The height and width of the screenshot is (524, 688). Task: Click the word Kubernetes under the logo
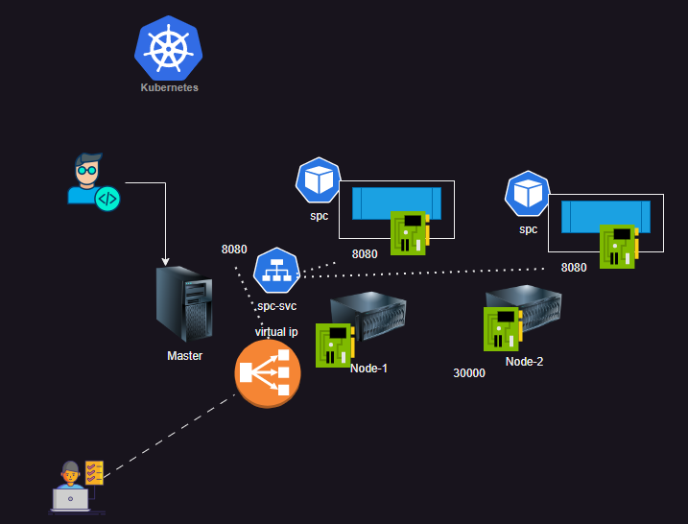[x=169, y=87]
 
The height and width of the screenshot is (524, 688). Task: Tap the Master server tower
[x=183, y=305]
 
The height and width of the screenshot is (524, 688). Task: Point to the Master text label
[x=184, y=356]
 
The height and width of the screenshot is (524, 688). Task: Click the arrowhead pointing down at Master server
[x=166, y=261]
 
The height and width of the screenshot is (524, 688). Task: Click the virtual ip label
[x=276, y=331]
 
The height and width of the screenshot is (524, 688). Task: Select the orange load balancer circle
[x=268, y=371]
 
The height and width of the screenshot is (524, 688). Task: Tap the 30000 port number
[x=469, y=373]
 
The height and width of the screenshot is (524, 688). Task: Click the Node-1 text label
[x=368, y=369]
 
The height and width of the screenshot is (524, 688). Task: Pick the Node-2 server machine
[x=524, y=313]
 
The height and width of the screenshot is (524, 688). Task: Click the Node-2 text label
[x=524, y=362]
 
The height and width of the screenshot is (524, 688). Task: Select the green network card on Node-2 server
[x=501, y=328]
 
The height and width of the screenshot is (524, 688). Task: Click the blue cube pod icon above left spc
[x=318, y=180]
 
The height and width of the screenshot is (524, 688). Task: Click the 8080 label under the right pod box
[x=573, y=268]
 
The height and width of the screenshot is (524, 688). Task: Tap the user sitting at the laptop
[x=71, y=487]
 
